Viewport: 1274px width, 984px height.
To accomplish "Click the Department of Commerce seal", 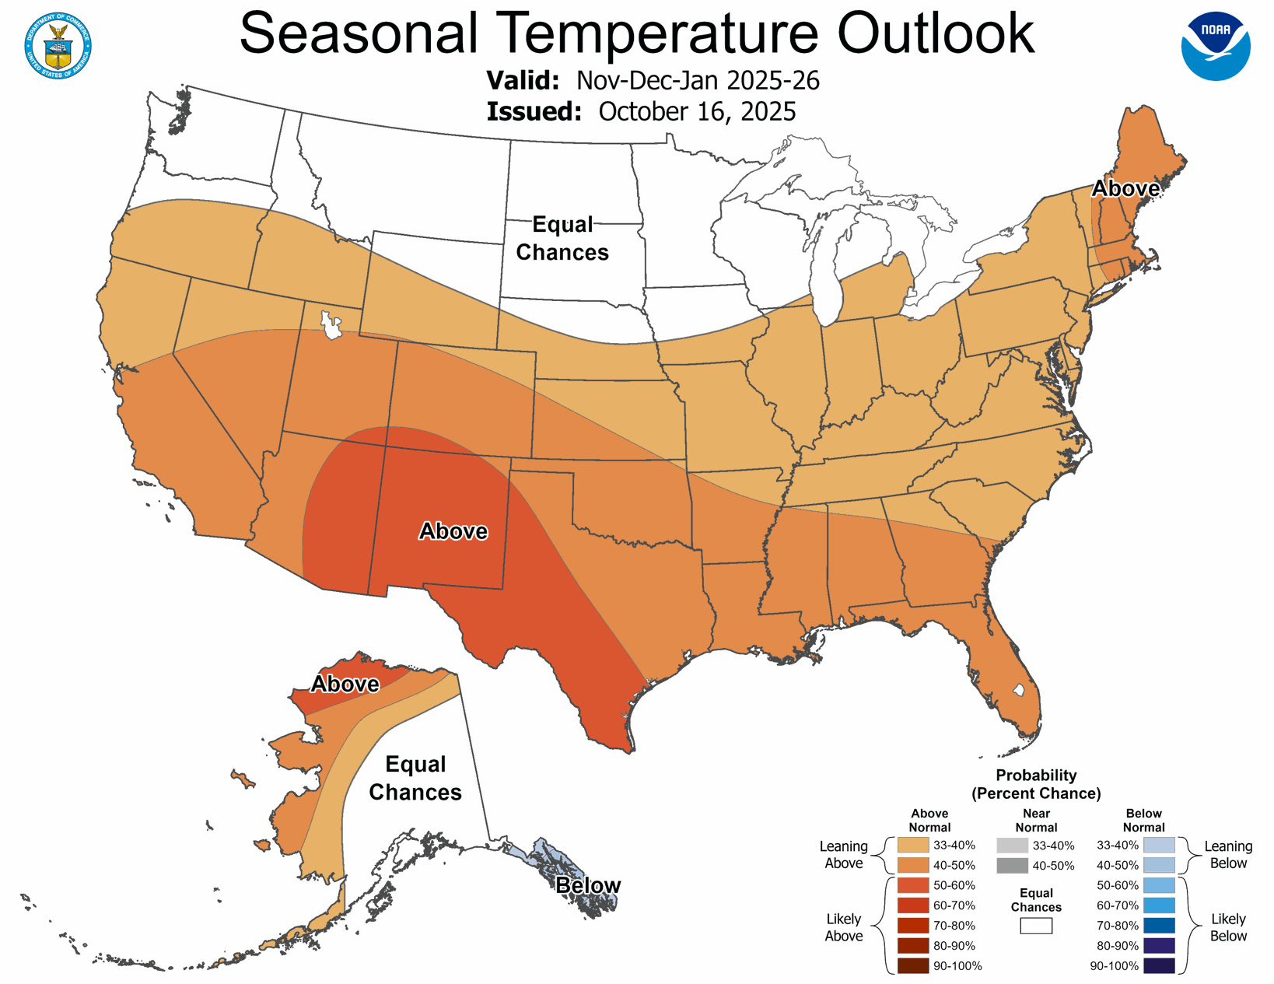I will tap(58, 46).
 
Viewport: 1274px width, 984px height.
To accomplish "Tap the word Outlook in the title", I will tap(936, 33).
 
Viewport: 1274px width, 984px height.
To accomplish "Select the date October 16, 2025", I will tap(697, 111).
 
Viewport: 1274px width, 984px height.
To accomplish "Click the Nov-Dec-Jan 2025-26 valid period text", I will tap(698, 80).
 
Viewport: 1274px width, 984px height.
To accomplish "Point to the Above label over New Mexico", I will tap(453, 531).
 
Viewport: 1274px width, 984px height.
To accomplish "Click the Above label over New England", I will tap(1125, 188).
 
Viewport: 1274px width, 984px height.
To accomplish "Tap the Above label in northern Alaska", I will tap(345, 684).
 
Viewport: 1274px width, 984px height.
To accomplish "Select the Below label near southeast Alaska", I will tap(588, 885).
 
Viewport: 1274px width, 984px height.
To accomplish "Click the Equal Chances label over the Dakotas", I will tap(562, 239).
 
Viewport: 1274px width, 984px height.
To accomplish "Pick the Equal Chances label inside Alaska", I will tap(415, 778).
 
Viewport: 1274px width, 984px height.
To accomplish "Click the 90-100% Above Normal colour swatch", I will tap(913, 966).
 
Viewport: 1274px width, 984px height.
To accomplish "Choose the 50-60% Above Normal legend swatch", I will tap(913, 885).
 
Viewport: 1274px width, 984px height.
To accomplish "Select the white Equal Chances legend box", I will tap(1036, 926).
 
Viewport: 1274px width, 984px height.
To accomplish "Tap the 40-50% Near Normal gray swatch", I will tap(1012, 866).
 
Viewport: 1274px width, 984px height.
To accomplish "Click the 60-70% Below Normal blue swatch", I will tap(1159, 905).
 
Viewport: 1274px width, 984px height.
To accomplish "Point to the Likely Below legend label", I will tap(1228, 927).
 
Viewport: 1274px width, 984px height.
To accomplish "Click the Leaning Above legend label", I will tap(843, 855).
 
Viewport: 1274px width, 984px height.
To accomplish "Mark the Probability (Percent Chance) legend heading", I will tap(1036, 784).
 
